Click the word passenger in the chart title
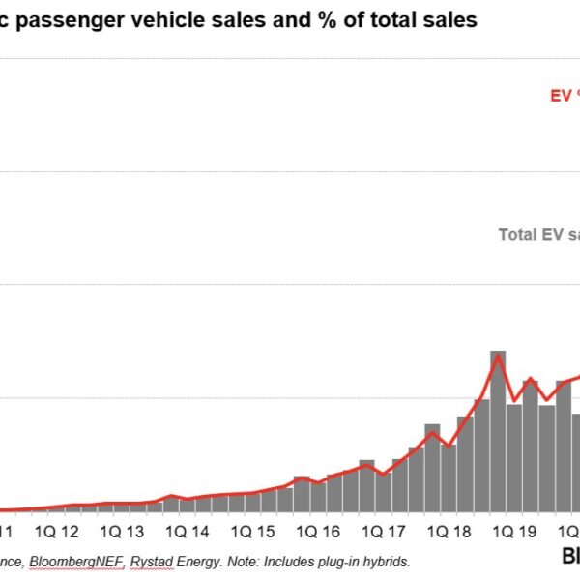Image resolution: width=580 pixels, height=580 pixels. click(x=78, y=20)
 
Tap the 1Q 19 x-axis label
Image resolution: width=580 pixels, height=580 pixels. click(x=513, y=531)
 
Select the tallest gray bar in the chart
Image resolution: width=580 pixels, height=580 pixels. click(x=498, y=425)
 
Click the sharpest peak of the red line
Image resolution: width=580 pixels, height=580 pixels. click(x=498, y=356)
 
